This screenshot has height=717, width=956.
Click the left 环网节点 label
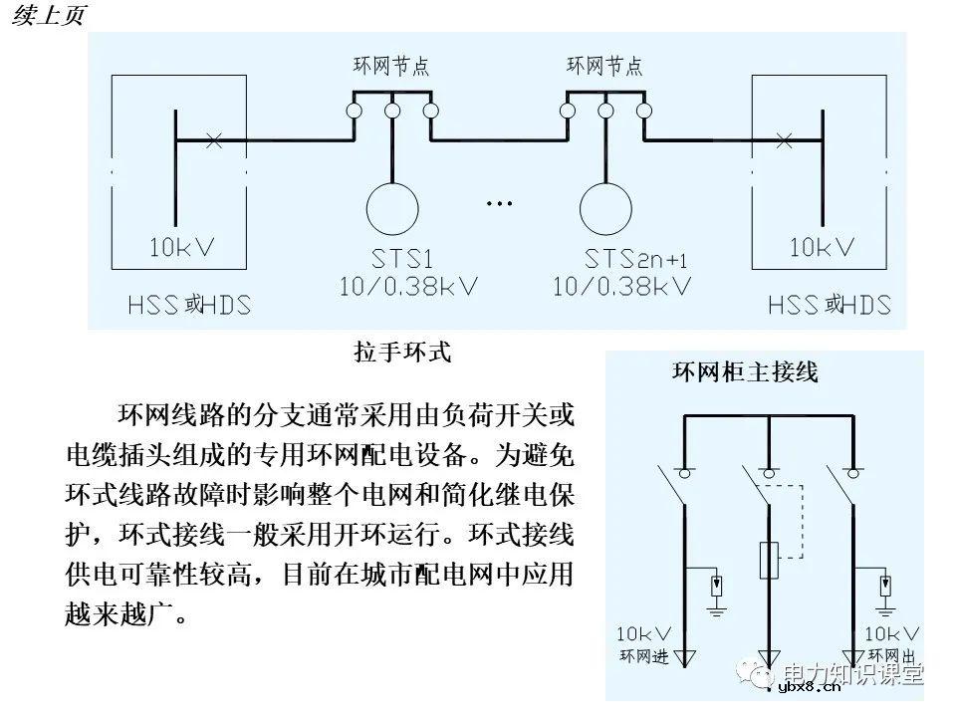391,67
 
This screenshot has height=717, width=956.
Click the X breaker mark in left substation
212,140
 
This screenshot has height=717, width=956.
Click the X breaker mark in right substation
784,140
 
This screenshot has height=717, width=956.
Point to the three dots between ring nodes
498,204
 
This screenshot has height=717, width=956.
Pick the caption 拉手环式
402,352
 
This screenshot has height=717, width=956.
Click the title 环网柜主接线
745,373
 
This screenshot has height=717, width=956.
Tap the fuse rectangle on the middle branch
769,560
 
